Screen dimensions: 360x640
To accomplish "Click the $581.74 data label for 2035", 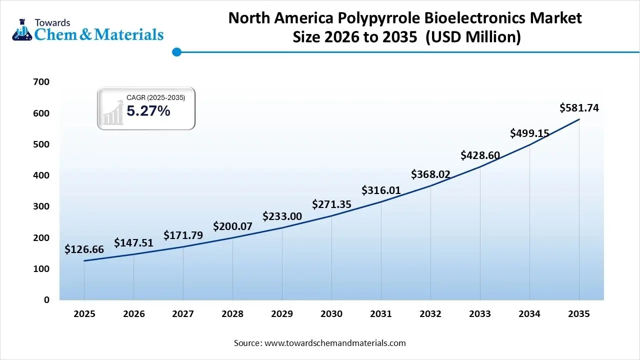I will pos(579,107).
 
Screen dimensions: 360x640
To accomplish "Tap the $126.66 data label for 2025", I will pos(84,249).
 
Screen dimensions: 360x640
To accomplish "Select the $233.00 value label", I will pos(282,216).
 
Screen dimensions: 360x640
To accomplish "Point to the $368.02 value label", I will pos(430,174).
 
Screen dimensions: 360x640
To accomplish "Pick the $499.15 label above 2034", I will pos(529,133).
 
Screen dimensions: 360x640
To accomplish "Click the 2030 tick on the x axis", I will pos(331,314).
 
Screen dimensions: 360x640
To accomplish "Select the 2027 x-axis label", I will pos(183,314).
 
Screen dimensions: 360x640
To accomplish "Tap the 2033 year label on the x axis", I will pos(480,314).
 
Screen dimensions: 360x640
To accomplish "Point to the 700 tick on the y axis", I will pos(41,82).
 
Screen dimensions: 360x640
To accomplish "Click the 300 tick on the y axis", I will pos(41,206).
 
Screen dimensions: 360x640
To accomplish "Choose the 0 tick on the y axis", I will pos(46,300).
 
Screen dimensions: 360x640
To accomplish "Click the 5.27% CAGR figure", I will pos(148,111).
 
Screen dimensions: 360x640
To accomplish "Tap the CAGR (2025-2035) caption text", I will pos(155,98).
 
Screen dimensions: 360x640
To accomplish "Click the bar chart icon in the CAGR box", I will pos(113,112).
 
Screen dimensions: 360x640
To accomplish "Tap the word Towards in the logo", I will pos(52,22).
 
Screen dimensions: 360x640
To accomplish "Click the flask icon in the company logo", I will pos(21,29).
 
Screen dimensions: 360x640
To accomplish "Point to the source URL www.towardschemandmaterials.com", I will pos(334,343).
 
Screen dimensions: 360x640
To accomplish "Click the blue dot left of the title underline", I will pos(176,52).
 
